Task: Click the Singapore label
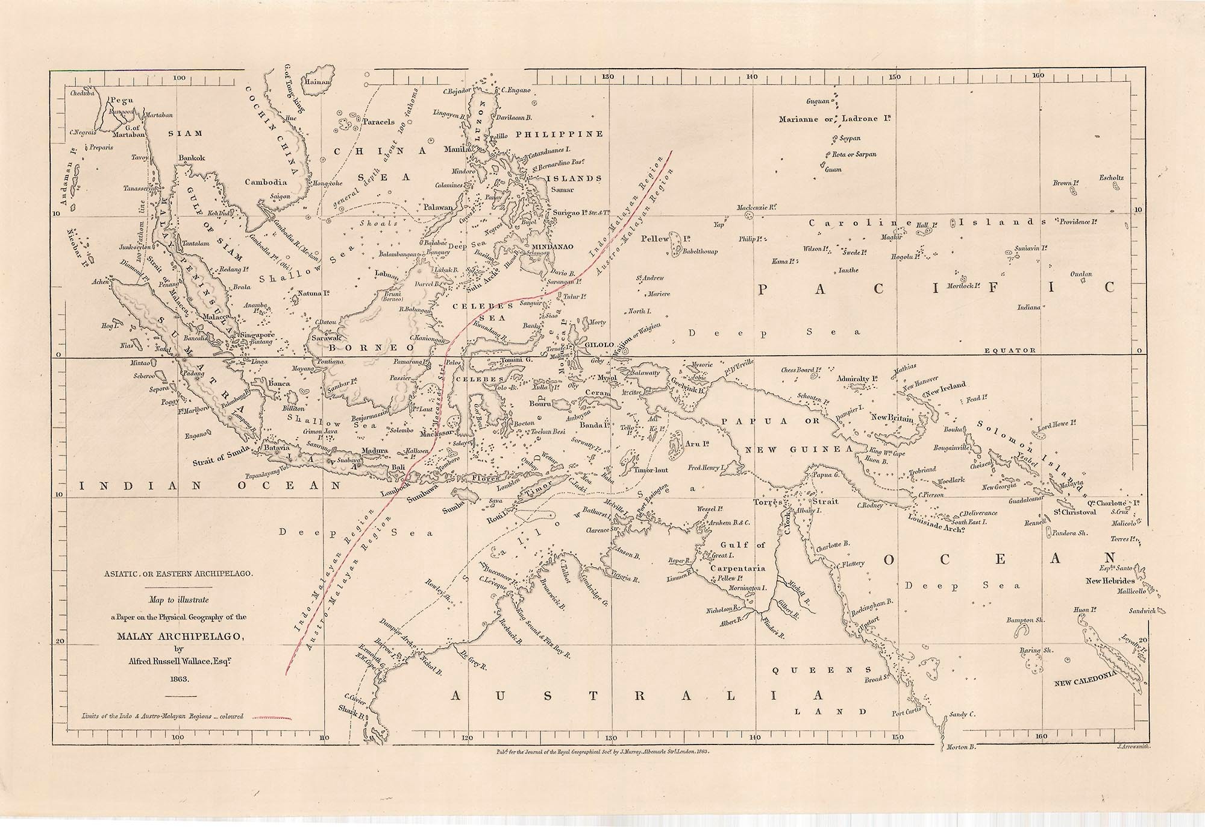coord(257,335)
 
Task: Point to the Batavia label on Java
coord(277,448)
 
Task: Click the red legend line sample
coord(271,717)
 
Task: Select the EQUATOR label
coord(1010,350)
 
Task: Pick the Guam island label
coord(833,169)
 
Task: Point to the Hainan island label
coord(317,82)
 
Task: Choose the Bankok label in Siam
coord(192,158)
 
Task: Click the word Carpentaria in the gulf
coord(737,568)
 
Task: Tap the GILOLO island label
coord(599,345)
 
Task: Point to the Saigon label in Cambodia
coord(280,196)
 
